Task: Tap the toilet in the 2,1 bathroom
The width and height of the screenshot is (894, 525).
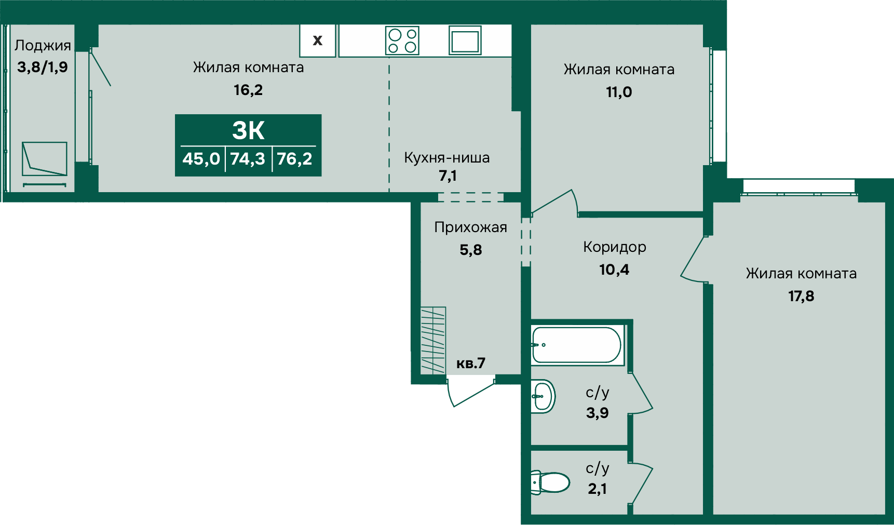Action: pyautogui.click(x=550, y=482)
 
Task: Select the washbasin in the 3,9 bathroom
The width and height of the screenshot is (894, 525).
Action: pyautogui.click(x=543, y=397)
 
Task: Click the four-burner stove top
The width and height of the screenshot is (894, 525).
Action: pyautogui.click(x=402, y=41)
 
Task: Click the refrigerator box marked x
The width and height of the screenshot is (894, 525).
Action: pyautogui.click(x=318, y=40)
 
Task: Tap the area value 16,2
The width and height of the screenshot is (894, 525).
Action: pyautogui.click(x=248, y=90)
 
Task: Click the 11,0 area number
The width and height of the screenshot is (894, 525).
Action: pyautogui.click(x=619, y=92)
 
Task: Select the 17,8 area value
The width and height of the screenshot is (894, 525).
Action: pyautogui.click(x=801, y=296)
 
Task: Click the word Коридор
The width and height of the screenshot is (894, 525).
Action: pyautogui.click(x=615, y=247)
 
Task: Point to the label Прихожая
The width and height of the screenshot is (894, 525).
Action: pyautogui.click(x=471, y=227)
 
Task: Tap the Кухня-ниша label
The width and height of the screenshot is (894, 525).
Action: pyautogui.click(x=447, y=157)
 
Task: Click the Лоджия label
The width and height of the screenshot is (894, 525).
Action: pyautogui.click(x=43, y=46)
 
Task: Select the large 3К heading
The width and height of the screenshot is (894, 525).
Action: pyautogui.click(x=248, y=130)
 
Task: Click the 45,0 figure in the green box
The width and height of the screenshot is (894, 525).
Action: pyautogui.click(x=201, y=158)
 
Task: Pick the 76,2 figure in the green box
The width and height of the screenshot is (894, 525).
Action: pyautogui.click(x=294, y=158)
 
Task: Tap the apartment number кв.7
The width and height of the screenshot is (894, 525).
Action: pyautogui.click(x=471, y=363)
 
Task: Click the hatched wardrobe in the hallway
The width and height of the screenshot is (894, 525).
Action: pyautogui.click(x=433, y=340)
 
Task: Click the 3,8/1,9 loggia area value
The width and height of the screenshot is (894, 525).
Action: pyautogui.click(x=43, y=67)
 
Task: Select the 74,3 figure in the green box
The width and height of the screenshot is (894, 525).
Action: pyautogui.click(x=248, y=158)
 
